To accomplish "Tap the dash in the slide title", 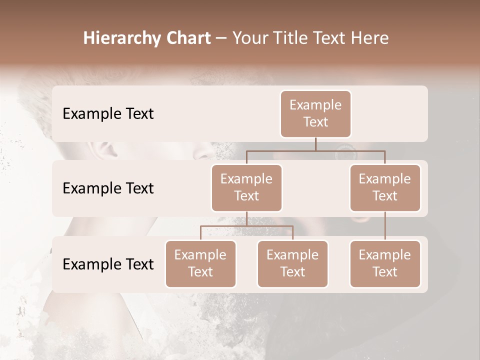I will click(x=221, y=39).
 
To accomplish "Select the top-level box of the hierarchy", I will click(x=315, y=113).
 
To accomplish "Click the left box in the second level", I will click(x=246, y=187).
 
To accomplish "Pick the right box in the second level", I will click(x=385, y=187).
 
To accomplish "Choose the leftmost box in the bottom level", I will click(x=200, y=263).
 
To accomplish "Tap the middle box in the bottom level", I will click(x=292, y=263).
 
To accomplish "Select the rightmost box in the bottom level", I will click(x=385, y=263).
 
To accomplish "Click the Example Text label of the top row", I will click(x=108, y=114).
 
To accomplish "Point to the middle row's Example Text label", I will click(x=108, y=188).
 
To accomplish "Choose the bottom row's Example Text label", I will click(x=108, y=264).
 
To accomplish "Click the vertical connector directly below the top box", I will click(x=315, y=144).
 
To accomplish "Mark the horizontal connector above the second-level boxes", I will click(x=315, y=150).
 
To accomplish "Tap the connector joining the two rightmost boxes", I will click(x=385, y=225).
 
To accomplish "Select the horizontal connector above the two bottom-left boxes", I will click(x=246, y=226).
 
